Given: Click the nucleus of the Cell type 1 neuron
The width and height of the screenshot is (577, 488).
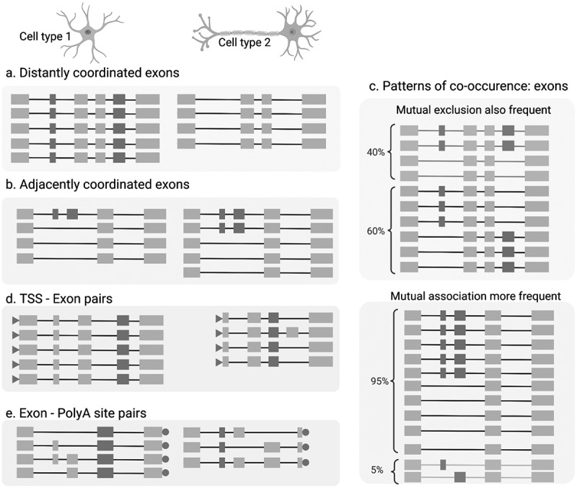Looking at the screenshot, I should point(88,32).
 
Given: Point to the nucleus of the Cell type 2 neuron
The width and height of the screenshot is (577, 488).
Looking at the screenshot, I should point(292,32).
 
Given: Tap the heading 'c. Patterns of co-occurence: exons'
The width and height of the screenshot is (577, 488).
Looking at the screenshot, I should point(469,86).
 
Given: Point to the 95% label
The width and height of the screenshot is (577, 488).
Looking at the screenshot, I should point(379,381).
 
